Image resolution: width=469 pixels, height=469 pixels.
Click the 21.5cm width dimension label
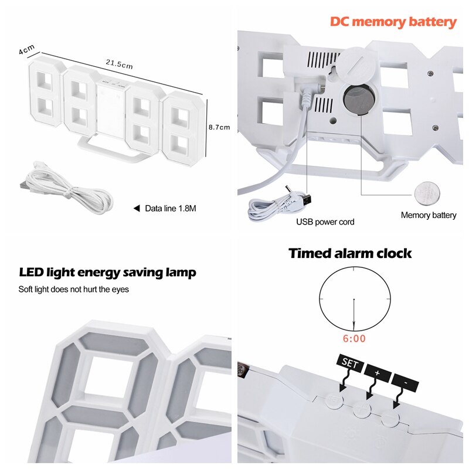point(119,64)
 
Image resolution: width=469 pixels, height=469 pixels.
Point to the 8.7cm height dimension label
point(219,127)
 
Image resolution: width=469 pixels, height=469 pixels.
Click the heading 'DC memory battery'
point(393,22)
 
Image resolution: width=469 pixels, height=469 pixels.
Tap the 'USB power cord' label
point(325,222)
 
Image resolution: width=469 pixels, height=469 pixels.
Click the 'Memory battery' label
point(428,215)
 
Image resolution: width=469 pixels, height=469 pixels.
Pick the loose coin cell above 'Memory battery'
point(427,192)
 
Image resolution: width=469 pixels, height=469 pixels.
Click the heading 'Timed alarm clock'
point(350,253)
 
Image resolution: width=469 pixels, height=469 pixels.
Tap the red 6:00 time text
point(354,338)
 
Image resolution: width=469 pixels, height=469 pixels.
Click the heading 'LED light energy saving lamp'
point(107,273)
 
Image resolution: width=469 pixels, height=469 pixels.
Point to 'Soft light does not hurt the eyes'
point(73,289)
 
